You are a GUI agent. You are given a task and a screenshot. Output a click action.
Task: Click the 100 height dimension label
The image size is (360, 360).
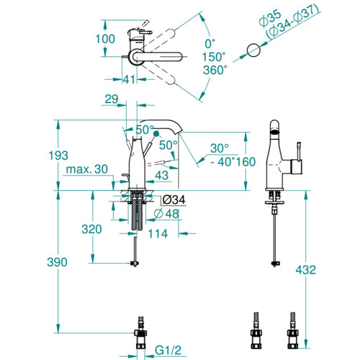(105, 39)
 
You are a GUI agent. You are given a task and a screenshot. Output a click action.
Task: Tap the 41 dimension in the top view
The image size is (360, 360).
(129, 79)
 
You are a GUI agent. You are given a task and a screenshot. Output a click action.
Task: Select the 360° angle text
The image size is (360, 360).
(215, 70)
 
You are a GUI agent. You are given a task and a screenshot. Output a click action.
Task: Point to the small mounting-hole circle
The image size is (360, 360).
(253, 50)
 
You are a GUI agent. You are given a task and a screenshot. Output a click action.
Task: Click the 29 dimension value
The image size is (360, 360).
(112, 99)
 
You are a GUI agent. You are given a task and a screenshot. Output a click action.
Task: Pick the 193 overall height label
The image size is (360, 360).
(58, 156)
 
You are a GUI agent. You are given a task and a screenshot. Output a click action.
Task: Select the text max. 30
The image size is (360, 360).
(87, 169)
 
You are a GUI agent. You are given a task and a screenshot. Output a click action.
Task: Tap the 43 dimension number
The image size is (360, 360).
(162, 176)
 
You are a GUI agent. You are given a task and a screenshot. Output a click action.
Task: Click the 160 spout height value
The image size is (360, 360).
(246, 162)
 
